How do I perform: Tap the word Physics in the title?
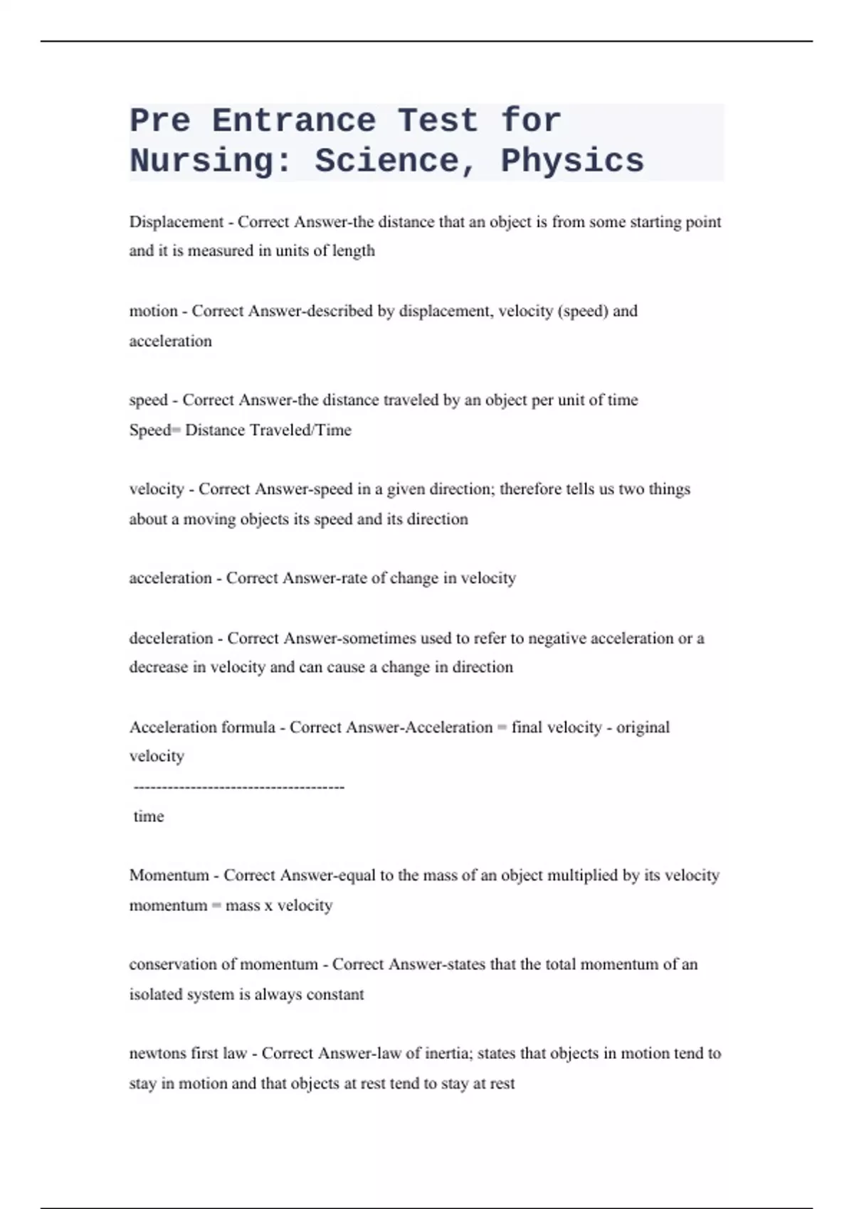tap(572, 161)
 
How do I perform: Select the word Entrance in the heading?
tap(294, 121)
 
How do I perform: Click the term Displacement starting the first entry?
tap(176, 222)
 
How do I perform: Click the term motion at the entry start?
tap(153, 311)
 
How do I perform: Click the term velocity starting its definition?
tap(157, 489)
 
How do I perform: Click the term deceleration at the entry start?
tap(171, 639)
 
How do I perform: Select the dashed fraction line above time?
tap(239, 787)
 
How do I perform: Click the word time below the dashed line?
tap(149, 816)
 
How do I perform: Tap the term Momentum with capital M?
tap(169, 875)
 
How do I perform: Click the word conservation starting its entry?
tap(173, 965)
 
